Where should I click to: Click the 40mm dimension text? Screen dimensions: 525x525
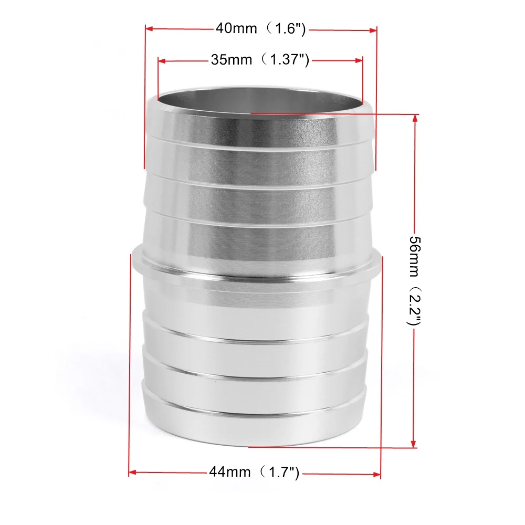[236, 28]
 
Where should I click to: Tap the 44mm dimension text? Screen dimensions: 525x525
[230, 472]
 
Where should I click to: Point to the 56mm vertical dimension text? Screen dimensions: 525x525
[414, 251]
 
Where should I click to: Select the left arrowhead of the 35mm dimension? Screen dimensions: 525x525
[162, 61]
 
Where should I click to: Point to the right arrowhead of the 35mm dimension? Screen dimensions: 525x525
[359, 61]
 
